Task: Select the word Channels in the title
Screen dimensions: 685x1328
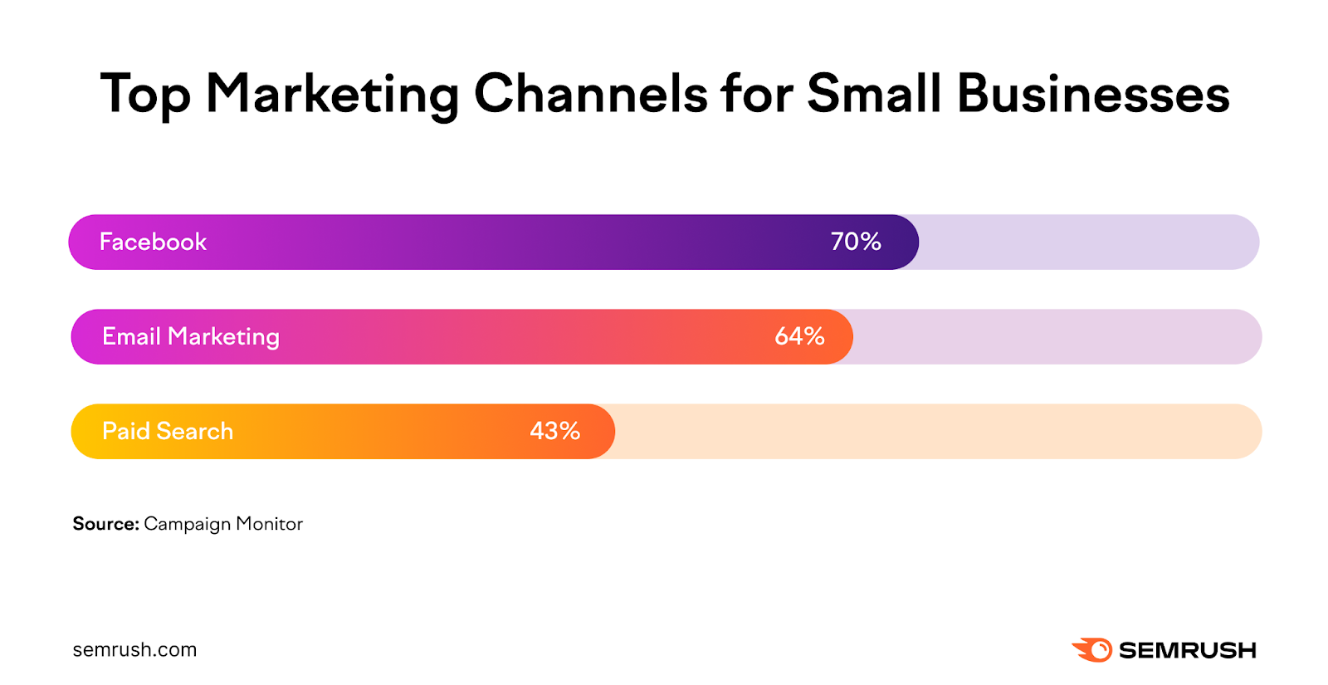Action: pos(590,93)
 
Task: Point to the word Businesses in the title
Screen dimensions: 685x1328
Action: pos(1093,93)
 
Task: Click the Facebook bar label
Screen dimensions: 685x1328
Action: pos(153,242)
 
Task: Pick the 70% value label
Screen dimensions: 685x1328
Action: pos(856,242)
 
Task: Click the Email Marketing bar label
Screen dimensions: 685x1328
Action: pos(191,336)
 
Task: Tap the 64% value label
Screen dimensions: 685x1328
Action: pos(799,336)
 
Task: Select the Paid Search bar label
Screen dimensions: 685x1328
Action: pos(168,431)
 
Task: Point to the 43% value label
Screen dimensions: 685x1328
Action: pos(554,431)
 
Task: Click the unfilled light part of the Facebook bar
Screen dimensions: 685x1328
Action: pos(1087,242)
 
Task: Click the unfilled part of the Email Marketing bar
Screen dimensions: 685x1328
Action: pos(1054,336)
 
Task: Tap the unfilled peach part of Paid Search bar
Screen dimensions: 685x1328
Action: pos(938,431)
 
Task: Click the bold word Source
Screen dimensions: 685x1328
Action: pos(105,524)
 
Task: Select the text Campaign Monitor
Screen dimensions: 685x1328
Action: pos(223,524)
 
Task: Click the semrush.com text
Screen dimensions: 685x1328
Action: pos(134,650)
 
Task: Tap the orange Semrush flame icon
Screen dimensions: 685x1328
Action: pos(1093,649)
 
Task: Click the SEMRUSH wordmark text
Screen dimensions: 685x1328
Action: pos(1187,650)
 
